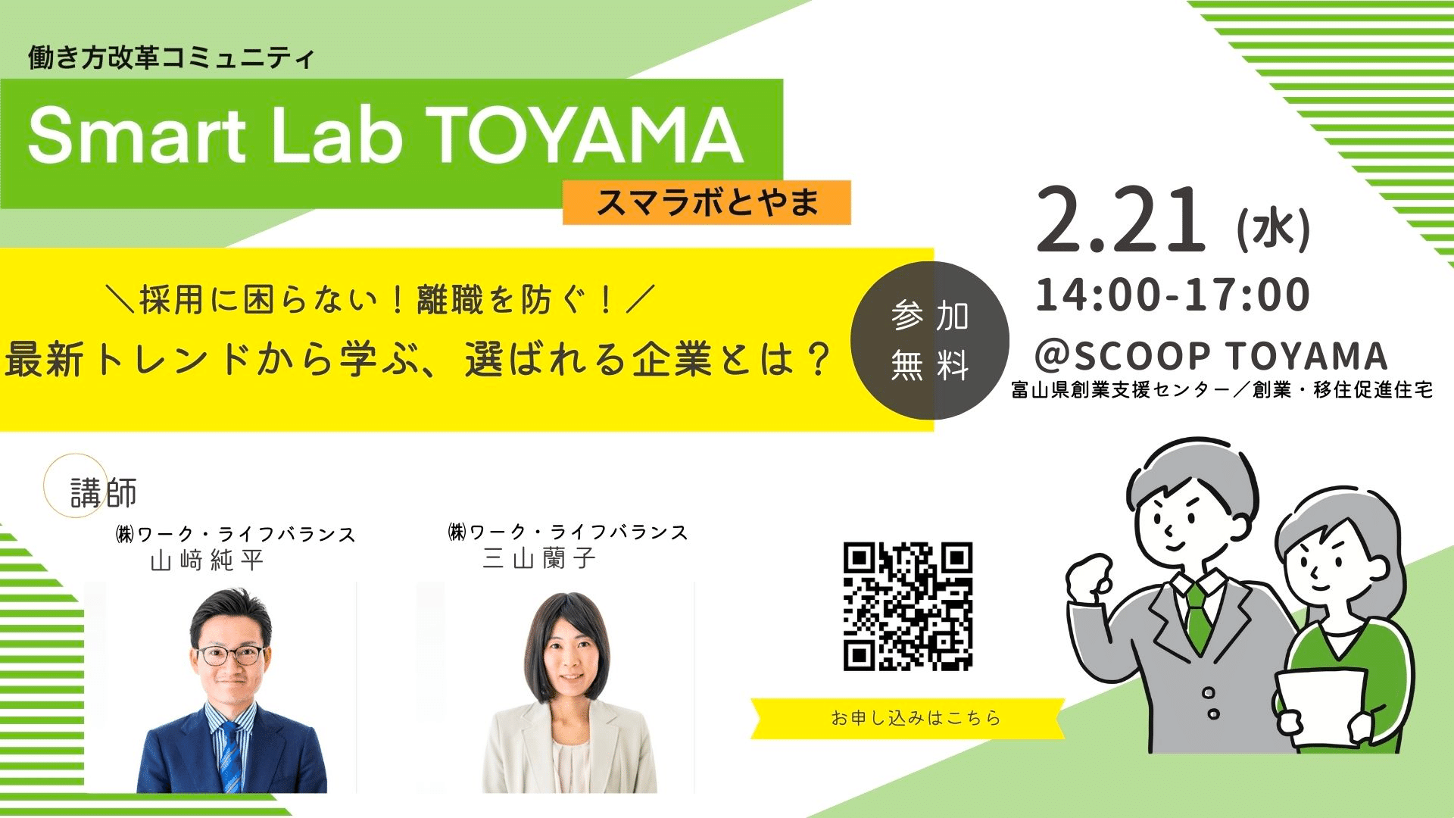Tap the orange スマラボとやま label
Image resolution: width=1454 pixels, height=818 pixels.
[x=707, y=202]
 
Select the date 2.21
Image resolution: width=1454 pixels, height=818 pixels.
[x=1121, y=220]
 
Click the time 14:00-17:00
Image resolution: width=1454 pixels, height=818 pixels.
[x=1172, y=294]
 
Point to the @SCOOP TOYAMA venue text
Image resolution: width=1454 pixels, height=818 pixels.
[x=1211, y=354]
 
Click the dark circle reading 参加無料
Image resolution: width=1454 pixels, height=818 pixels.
[x=930, y=340]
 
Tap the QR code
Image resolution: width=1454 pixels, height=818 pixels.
[x=908, y=607]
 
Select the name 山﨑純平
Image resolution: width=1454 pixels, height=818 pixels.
[x=207, y=560]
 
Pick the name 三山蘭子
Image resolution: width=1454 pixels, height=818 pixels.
[x=539, y=559]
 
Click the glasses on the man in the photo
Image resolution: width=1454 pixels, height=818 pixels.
[x=230, y=654]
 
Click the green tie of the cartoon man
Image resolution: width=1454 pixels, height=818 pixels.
[x=1197, y=617]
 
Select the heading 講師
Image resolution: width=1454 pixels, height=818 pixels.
[x=104, y=493]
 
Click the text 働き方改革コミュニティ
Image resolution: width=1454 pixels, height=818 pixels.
[x=171, y=58]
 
